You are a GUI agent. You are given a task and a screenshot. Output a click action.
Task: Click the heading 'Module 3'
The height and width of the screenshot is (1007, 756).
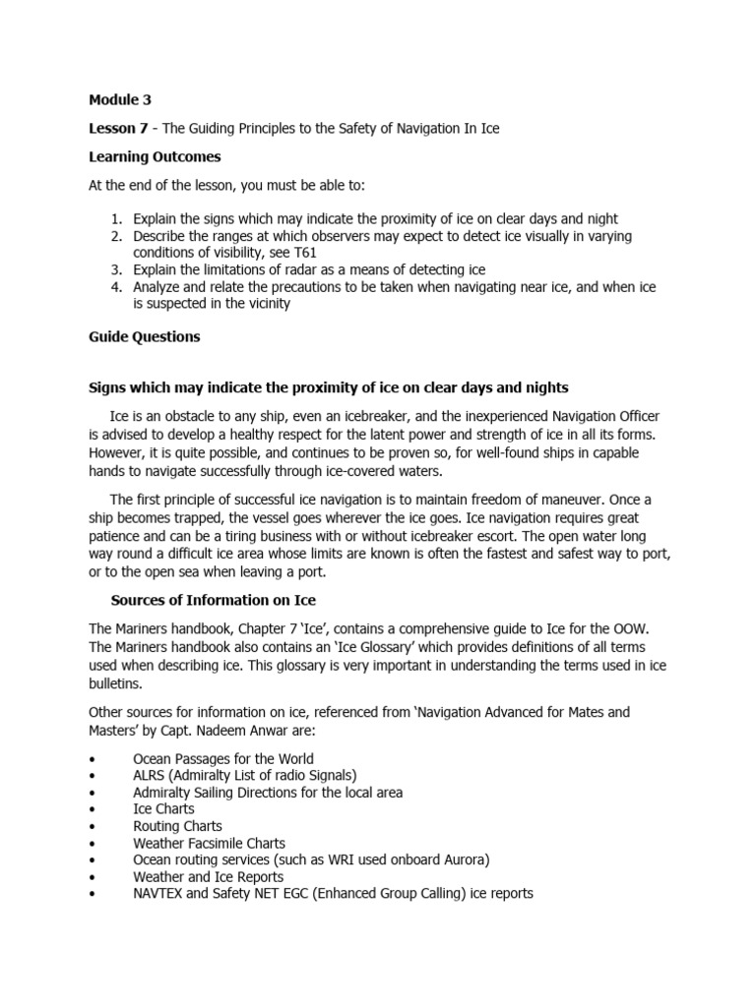120,99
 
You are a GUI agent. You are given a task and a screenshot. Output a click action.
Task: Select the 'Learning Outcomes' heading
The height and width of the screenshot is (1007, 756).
155,157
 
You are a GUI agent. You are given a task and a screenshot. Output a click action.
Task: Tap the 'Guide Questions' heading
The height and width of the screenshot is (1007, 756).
144,336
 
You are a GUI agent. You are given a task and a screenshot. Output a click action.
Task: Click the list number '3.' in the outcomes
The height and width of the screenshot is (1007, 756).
115,269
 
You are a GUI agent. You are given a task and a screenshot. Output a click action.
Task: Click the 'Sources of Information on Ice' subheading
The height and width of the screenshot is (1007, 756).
213,600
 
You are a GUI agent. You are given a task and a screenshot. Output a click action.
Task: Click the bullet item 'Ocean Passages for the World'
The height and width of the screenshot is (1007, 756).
223,759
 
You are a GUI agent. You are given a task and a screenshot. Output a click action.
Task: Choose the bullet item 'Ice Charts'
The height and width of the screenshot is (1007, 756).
163,809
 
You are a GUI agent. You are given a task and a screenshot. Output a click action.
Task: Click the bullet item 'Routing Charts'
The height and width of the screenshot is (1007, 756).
177,826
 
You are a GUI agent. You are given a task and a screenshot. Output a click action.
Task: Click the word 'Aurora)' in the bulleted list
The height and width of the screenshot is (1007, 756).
464,859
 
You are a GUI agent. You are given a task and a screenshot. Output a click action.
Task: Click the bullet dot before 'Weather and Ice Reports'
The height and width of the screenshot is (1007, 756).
92,876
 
